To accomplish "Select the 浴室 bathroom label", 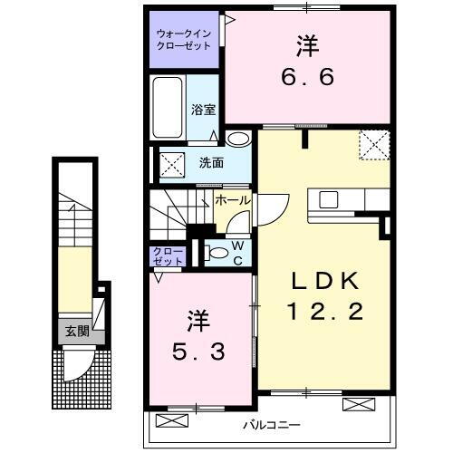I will [x=203, y=110].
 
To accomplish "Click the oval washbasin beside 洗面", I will [x=237, y=140].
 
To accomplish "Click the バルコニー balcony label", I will [x=271, y=425].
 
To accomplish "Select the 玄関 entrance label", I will [x=76, y=331].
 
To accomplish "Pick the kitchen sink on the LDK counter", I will [x=328, y=199].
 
